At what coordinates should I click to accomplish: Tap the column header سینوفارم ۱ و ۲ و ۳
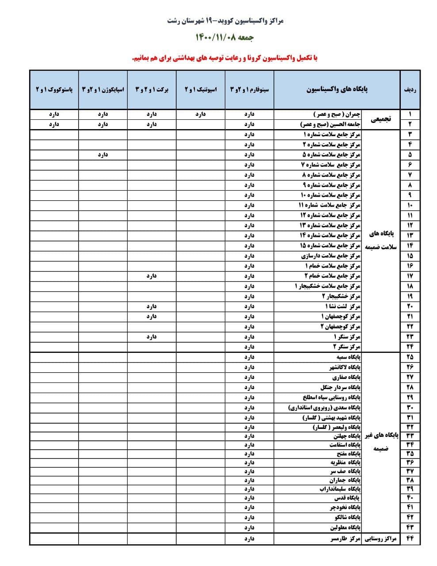click(x=249, y=89)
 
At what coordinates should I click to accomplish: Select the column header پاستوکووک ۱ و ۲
click(x=54, y=89)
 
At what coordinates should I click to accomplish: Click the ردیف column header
click(x=410, y=89)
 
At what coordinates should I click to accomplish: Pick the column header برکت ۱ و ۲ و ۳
click(x=152, y=89)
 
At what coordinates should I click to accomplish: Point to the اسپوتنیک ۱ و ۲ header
click(x=201, y=89)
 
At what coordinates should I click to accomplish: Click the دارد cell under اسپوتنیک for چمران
click(x=201, y=114)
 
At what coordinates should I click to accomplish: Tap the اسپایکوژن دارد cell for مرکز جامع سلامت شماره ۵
click(x=103, y=155)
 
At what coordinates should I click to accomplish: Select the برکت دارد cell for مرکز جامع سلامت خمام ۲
click(x=152, y=276)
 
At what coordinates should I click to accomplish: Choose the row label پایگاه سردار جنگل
click(x=341, y=387)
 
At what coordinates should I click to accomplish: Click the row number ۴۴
click(x=410, y=539)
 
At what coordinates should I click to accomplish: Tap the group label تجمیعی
click(x=380, y=119)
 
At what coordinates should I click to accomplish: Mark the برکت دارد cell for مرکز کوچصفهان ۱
click(x=152, y=317)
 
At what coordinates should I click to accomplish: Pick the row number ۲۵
click(x=410, y=357)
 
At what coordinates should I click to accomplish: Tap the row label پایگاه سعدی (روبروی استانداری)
click(x=324, y=407)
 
